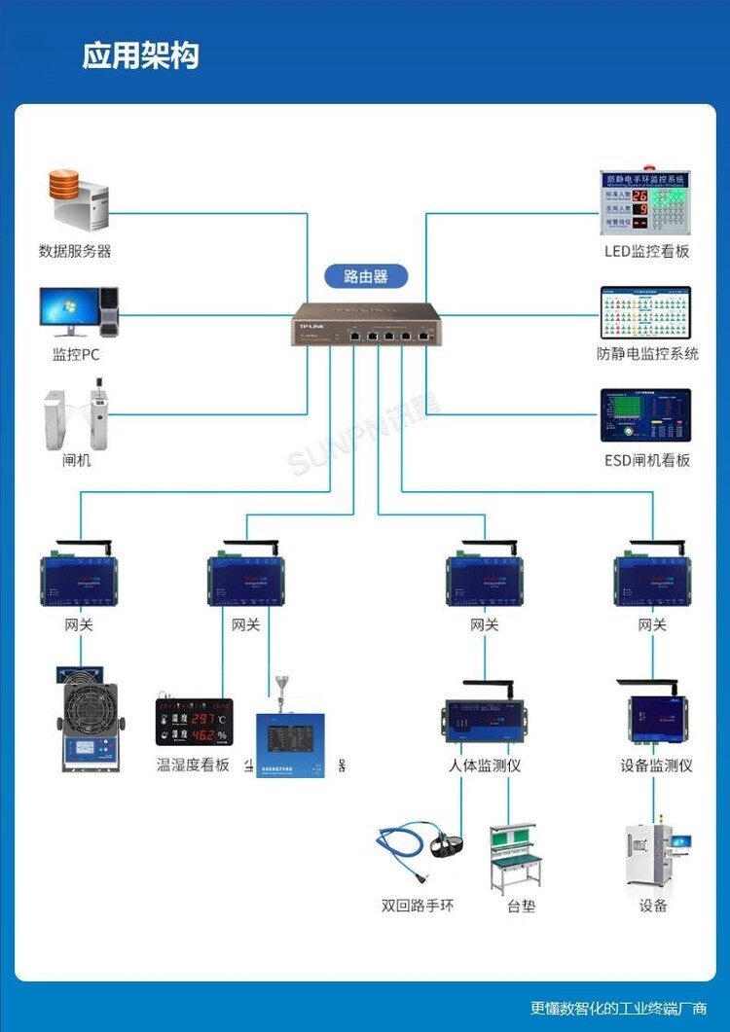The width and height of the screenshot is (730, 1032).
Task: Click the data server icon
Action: click(79, 200)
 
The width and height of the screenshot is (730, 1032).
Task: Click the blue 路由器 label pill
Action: click(365, 276)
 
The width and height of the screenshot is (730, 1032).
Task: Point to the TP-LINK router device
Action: click(365, 325)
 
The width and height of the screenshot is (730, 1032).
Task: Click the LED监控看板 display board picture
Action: click(643, 204)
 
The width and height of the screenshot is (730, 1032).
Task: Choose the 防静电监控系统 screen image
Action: click(644, 312)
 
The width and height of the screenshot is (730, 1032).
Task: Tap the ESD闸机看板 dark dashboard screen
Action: click(644, 415)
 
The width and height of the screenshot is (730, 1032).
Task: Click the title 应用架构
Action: click(140, 55)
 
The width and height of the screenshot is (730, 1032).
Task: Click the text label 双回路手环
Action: click(418, 906)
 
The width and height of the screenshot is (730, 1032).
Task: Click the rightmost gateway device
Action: click(651, 578)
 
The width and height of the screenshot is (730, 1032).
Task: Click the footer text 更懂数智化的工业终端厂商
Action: click(618, 1009)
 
